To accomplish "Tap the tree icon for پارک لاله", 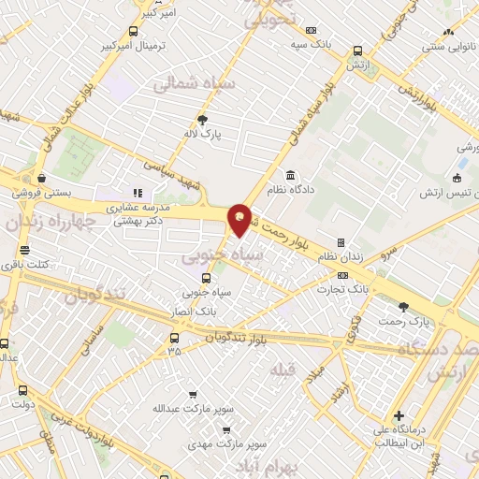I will tap(202, 119).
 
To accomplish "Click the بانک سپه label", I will tap(311, 44).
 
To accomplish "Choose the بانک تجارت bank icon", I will tap(342, 275).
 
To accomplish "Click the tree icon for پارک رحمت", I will tap(404, 306).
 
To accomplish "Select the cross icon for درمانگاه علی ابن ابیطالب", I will tap(399, 415).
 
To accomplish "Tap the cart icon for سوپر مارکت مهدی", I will tap(226, 430).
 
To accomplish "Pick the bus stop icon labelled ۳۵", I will tap(174, 338).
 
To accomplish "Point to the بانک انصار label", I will tap(196, 310).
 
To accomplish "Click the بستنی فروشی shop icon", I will tap(41, 178).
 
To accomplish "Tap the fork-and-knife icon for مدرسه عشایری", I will tap(138, 193).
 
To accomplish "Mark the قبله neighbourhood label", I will tap(283, 370).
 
